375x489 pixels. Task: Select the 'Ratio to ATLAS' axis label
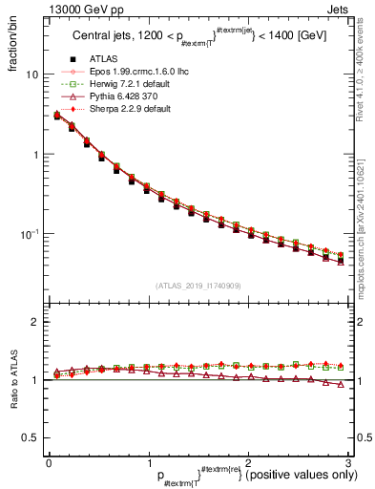click(12, 380)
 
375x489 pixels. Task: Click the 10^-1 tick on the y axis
click(29, 234)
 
